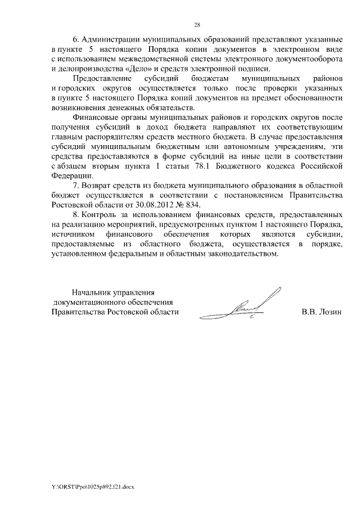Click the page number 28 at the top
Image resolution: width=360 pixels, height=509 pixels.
(x=197, y=25)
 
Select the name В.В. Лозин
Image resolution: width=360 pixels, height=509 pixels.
(x=322, y=312)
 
